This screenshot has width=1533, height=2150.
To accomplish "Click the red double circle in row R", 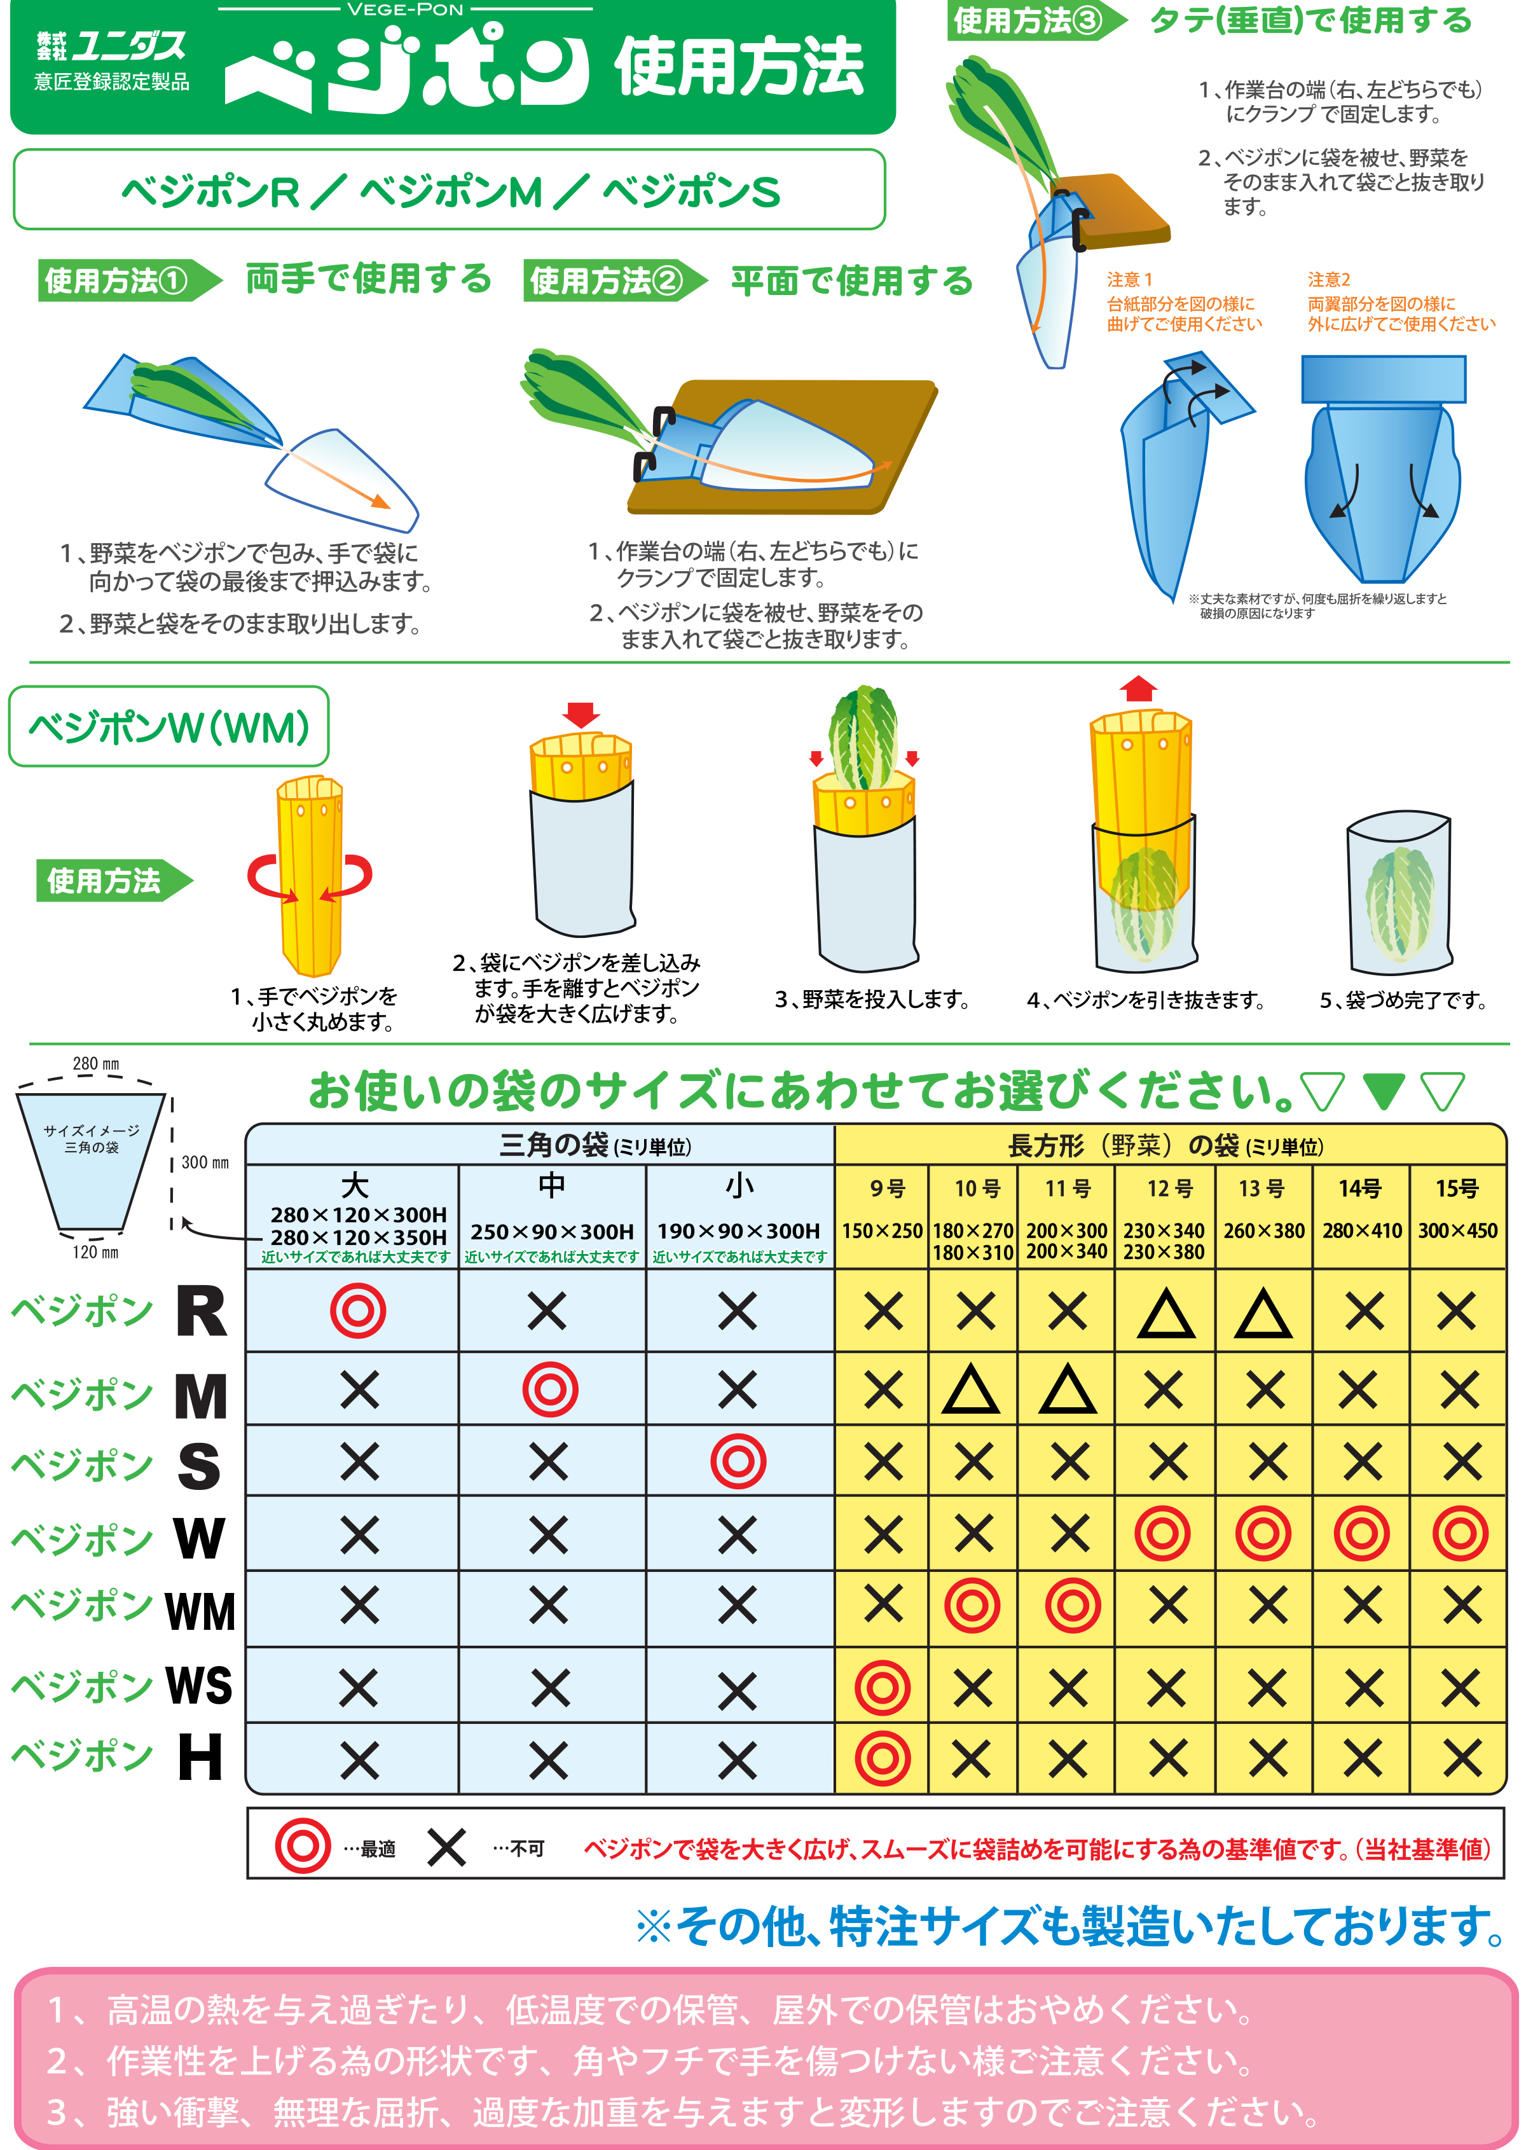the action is pyautogui.click(x=358, y=1311).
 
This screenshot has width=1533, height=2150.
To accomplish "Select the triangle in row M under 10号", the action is pyautogui.click(x=972, y=1390).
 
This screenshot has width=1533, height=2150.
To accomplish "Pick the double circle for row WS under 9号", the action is pyautogui.click(x=883, y=1688).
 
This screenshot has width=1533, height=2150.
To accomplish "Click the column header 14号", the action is pyautogui.click(x=1360, y=1189).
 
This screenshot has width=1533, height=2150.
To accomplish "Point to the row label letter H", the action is pyautogui.click(x=201, y=1758).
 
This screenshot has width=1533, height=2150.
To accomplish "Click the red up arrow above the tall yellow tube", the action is pyautogui.click(x=1139, y=689).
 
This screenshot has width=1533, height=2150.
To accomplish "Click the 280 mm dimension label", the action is pyautogui.click(x=96, y=1064).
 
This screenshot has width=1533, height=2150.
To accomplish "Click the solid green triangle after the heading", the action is pyautogui.click(x=1384, y=1091).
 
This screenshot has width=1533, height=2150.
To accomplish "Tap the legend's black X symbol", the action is pyautogui.click(x=446, y=1847).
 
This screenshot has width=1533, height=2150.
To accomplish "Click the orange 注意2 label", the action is pyautogui.click(x=1328, y=279).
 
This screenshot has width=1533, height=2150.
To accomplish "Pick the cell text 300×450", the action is pyautogui.click(x=1457, y=1230).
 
